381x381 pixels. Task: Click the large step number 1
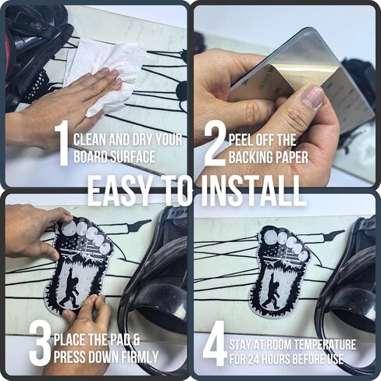point(62,143)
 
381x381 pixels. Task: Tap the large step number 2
point(215,144)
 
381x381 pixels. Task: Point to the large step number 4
point(214,343)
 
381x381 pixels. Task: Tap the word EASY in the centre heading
point(120,190)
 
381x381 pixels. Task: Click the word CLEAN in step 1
point(90,140)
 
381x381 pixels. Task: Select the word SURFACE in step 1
point(133,157)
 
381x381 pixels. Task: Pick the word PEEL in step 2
point(240,140)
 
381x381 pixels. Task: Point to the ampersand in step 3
point(136,340)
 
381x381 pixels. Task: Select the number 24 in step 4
point(254,359)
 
